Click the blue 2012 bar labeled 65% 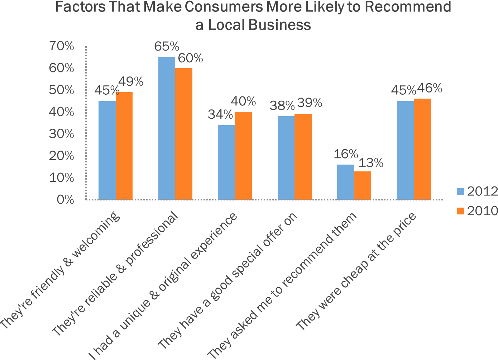pos(167,128)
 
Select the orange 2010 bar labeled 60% pos(184,134)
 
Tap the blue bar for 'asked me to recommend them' pos(346,182)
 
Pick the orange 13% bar pos(363,185)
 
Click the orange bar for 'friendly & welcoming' pos(124,146)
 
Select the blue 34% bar pos(226,162)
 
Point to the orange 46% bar pos(422,149)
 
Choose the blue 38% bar pos(286,158)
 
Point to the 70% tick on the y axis pos(62,46)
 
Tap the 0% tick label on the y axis pos(65,200)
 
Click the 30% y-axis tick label pos(62,134)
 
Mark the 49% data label pos(131,82)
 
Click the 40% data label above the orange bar pos(243,101)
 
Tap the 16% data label pos(346,154)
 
